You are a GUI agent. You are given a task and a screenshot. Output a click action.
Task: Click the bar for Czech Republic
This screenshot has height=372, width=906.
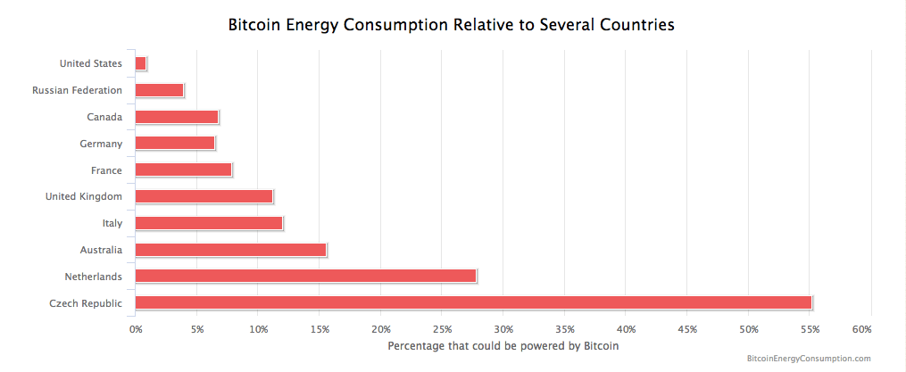[473, 302]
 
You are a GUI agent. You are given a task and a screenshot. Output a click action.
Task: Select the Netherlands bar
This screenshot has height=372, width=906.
[305, 276]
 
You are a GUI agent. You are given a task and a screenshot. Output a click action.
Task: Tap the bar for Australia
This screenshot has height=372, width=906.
[230, 250]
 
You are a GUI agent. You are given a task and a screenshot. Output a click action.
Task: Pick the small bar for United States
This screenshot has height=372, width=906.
[140, 63]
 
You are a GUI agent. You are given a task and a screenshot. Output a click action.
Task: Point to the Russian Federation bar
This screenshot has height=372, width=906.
[159, 90]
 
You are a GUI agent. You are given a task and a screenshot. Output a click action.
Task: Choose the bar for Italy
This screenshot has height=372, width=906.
[209, 223]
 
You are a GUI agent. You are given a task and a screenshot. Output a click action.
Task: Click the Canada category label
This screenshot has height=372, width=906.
[104, 117]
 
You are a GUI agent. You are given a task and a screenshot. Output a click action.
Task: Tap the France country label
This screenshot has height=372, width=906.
[106, 170]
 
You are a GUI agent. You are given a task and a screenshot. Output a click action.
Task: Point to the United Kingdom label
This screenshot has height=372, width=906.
[84, 196]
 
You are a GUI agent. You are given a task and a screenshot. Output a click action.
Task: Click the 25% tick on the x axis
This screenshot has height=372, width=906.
[443, 329]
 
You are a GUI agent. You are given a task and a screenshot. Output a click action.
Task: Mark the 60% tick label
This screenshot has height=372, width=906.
[861, 329]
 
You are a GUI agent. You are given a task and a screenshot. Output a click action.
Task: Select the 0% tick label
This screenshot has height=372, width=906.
[136, 329]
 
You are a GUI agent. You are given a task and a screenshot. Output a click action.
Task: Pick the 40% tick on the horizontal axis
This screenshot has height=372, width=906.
[626, 329]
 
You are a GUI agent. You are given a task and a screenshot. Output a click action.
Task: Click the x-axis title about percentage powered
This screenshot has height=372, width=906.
[503, 345]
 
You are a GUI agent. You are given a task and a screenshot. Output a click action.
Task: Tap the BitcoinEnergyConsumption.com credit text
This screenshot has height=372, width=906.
[807, 359]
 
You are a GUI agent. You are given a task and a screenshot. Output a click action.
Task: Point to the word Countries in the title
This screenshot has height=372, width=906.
[637, 25]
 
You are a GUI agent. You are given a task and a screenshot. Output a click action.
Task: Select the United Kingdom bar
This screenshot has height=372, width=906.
[204, 196]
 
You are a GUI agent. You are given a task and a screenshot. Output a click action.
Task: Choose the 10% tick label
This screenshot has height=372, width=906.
[258, 329]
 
